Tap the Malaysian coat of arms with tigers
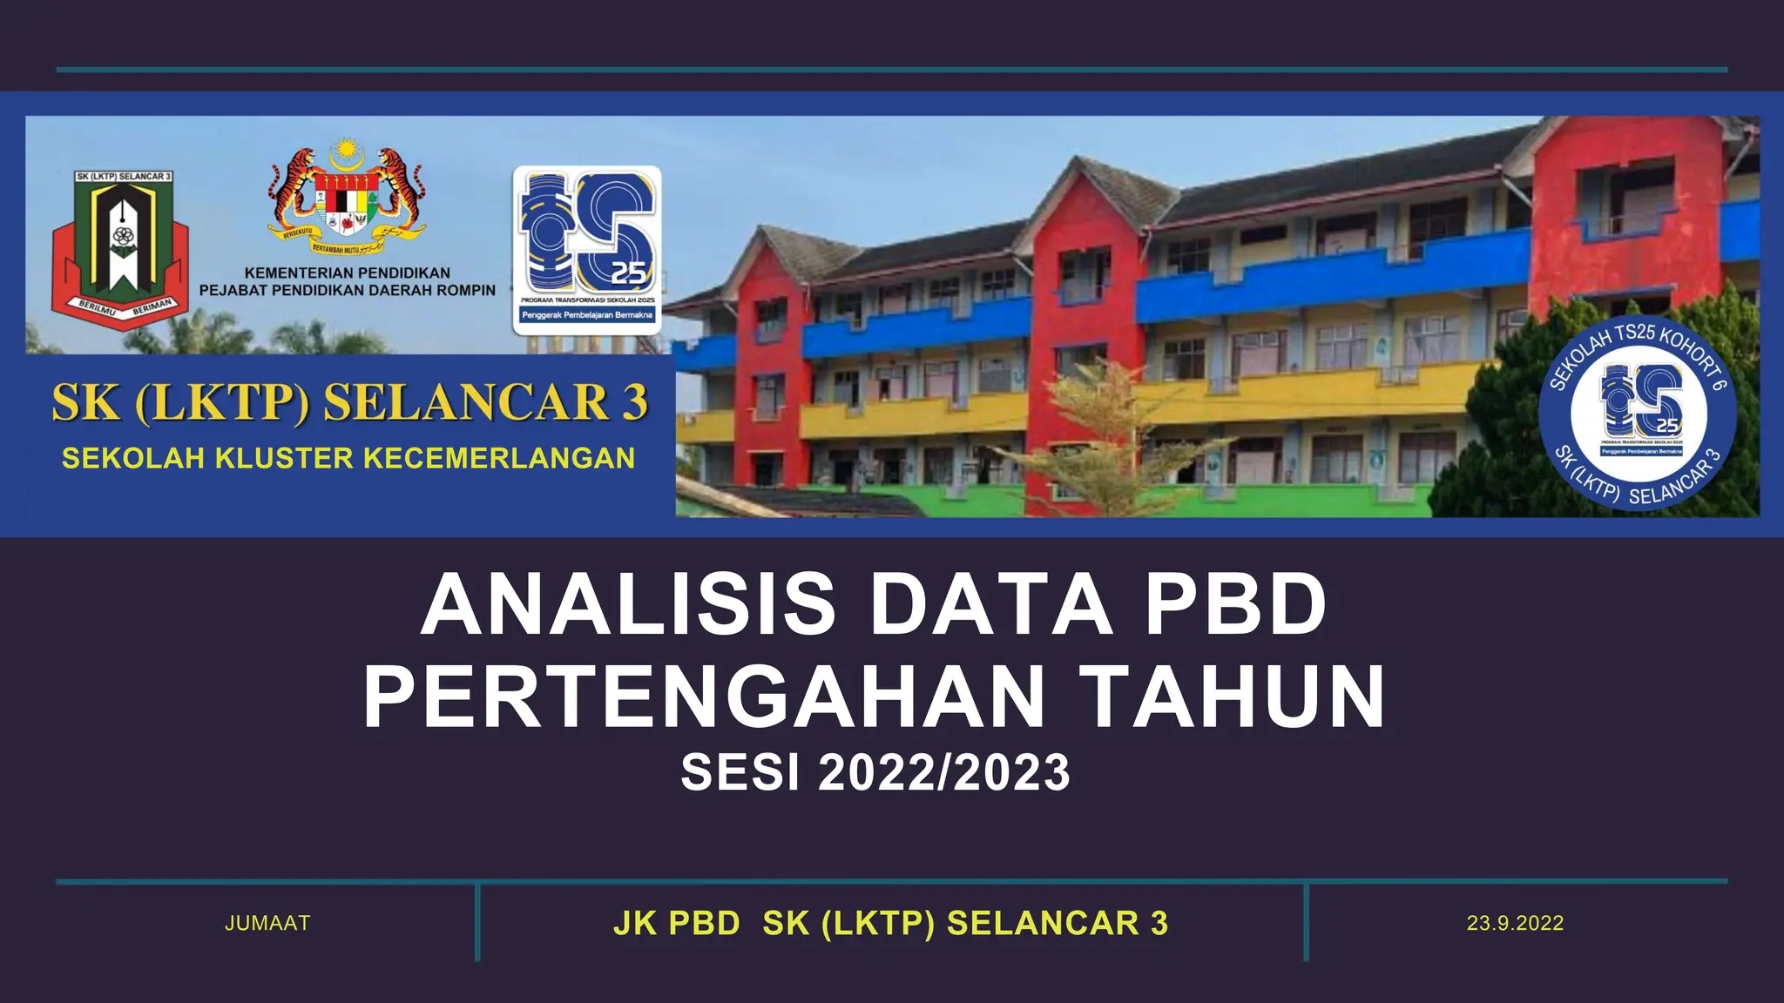[347, 195]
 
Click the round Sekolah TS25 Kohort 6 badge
[1638, 413]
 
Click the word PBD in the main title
[1235, 605]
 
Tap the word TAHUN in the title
[1237, 697]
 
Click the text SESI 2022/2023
[875, 772]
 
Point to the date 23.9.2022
[1515, 923]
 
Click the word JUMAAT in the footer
[267, 923]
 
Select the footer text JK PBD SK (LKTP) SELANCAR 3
[890, 923]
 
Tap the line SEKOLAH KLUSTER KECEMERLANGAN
[348, 458]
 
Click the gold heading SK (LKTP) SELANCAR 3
[349, 403]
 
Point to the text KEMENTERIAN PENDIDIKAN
[347, 273]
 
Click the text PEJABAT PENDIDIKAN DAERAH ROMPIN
[347, 291]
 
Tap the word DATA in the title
[991, 605]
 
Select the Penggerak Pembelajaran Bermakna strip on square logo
[587, 315]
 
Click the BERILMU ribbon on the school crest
[97, 308]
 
